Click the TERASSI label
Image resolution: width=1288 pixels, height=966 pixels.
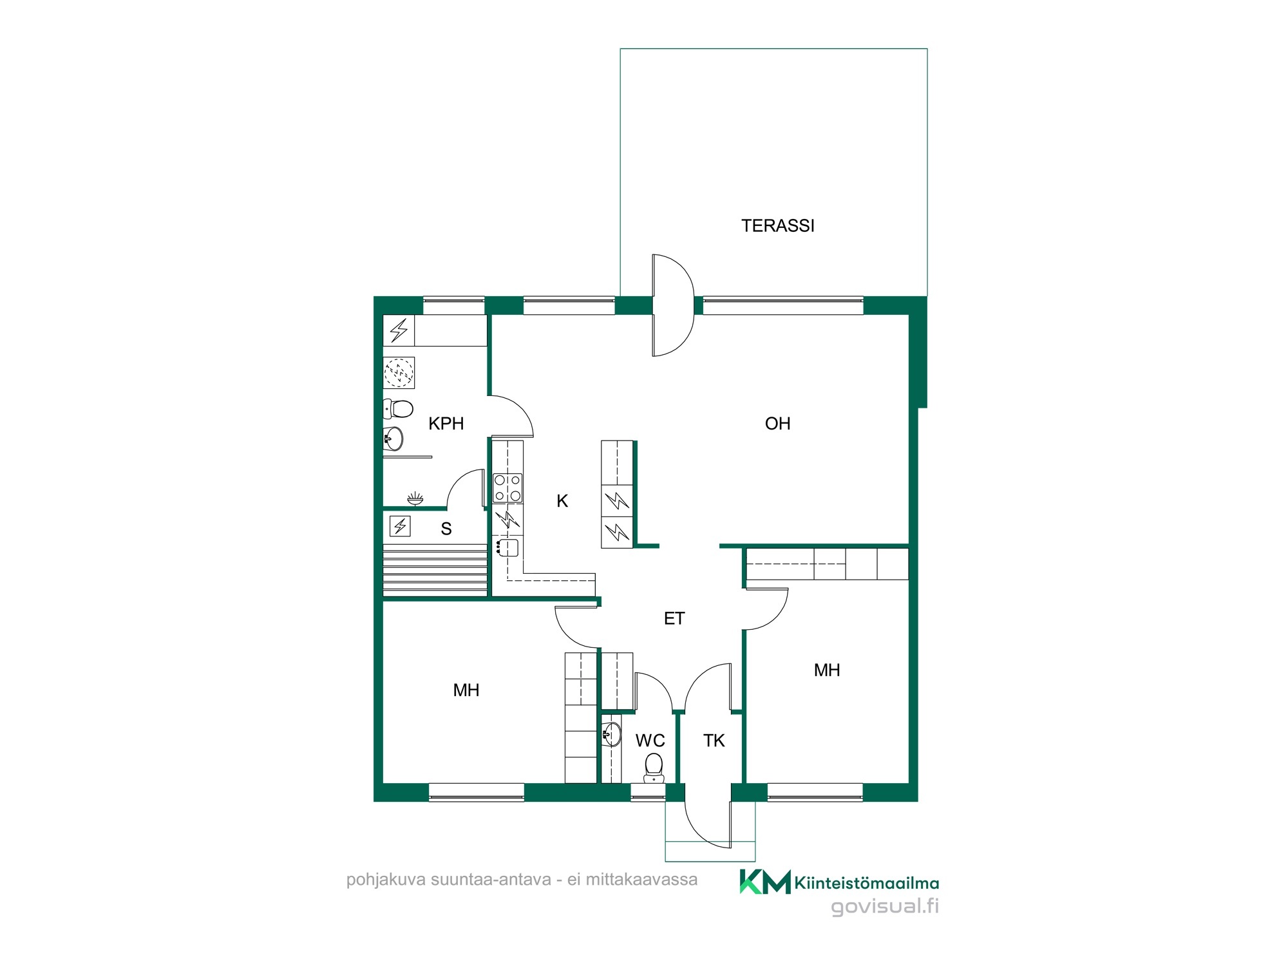coord(777,225)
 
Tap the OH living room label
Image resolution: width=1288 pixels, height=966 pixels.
coord(777,423)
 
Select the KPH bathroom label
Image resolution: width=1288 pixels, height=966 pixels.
coord(446,423)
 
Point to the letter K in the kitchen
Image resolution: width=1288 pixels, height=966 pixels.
coord(562,501)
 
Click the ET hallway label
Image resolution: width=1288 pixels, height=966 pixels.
coord(674,618)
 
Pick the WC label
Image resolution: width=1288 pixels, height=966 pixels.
coord(650,741)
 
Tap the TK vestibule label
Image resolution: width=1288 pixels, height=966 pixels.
coord(714,741)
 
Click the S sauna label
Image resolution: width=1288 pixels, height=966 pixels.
coord(446,529)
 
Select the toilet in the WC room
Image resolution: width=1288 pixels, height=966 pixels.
coord(654,768)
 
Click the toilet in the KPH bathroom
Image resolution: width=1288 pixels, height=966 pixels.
coord(398,408)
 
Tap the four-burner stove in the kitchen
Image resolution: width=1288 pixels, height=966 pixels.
coord(507,488)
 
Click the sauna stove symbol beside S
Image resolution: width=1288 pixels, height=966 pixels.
coord(400,526)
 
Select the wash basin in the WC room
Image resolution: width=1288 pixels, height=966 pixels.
coord(612,734)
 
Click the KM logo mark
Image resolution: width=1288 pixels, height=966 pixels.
coord(764,882)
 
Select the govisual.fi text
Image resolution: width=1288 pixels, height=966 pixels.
coord(885,907)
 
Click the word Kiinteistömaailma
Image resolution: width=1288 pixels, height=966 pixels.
coord(866,883)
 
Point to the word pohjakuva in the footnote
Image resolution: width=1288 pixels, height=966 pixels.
coord(385,880)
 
